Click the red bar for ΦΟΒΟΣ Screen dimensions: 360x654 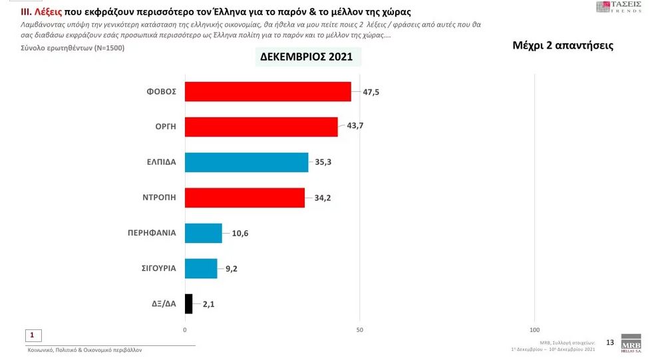tap(267, 92)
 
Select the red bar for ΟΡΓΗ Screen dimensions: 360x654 tap(261, 127)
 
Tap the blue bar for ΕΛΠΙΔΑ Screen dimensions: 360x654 tap(246, 162)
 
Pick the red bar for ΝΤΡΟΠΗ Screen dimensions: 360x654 tap(244, 198)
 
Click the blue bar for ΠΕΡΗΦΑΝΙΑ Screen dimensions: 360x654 tap(203, 233)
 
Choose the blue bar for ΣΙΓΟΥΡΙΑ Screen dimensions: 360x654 tap(200, 268)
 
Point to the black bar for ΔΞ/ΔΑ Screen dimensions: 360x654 tap(188, 304)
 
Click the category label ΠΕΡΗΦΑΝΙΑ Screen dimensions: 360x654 tap(152, 233)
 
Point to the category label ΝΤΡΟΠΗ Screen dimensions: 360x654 tap(158, 198)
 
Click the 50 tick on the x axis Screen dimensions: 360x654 tap(359, 329)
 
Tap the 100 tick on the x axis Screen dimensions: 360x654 tap(534, 329)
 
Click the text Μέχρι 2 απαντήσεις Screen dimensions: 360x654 tap(563, 46)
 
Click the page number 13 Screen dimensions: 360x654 tap(609, 342)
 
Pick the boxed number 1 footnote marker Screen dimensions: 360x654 tap(32, 335)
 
